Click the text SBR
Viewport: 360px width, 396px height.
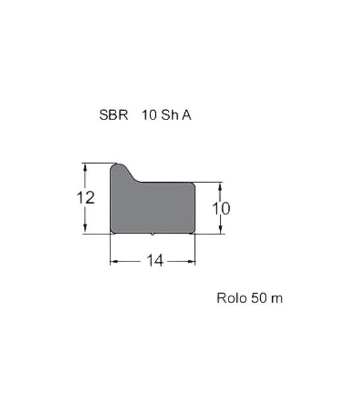coord(114,115)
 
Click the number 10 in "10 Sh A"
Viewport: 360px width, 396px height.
coord(150,115)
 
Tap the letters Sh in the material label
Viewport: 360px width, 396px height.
coord(170,115)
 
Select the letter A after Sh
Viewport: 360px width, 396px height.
coord(186,115)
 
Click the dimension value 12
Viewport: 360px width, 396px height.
coord(85,197)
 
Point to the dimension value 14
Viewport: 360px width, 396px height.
coord(155,261)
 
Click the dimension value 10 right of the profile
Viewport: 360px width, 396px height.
coord(221,209)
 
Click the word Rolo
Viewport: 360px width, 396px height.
coord(232,298)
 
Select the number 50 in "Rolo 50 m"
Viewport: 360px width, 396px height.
coord(259,298)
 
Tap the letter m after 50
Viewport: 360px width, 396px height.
coord(277,299)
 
